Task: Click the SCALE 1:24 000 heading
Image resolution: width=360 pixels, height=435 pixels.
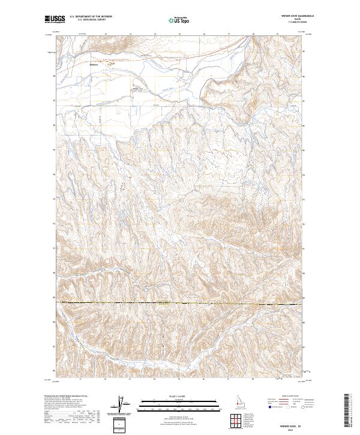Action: pyautogui.click(x=179, y=397)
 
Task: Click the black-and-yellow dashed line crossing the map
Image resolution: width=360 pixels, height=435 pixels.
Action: pyautogui.click(x=180, y=303)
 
